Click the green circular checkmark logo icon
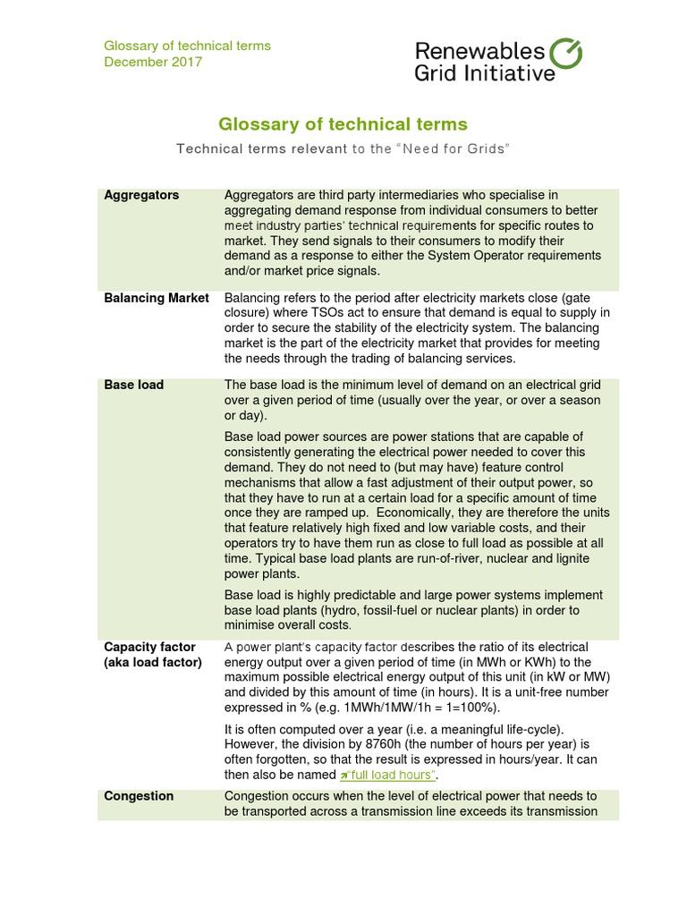565,53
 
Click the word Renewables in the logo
479,51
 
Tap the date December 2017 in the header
153,62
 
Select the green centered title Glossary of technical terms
343,124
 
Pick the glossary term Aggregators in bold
141,195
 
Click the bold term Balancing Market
157,298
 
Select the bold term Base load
133,385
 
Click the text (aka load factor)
153,662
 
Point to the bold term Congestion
139,796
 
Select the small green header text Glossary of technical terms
187,46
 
